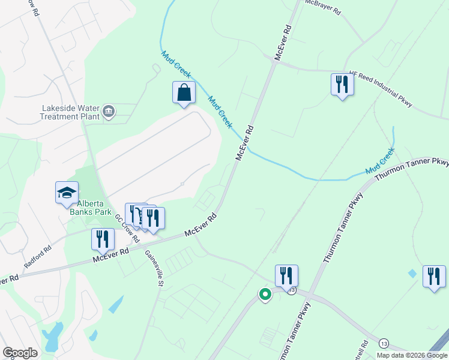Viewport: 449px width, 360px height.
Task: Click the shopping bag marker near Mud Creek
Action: tap(184, 94)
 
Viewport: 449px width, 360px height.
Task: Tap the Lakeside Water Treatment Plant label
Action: tap(70, 112)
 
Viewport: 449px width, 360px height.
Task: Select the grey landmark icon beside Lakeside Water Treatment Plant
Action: tap(109, 110)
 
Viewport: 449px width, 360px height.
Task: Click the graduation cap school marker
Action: tap(67, 193)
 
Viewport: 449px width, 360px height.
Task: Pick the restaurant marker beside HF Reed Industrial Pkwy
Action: tap(342, 84)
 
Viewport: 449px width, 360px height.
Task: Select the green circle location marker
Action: tap(264, 294)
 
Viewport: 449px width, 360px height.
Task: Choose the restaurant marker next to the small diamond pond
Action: tap(433, 277)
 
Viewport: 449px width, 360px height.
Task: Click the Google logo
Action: tap(20, 353)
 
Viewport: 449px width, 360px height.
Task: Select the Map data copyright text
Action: tap(411, 355)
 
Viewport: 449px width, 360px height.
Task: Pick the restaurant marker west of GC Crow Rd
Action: tap(103, 239)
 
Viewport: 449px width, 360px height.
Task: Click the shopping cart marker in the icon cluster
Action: tap(140, 216)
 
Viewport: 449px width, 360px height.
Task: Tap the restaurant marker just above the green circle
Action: tap(286, 276)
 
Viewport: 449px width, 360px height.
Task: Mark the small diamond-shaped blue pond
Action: tap(411, 274)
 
